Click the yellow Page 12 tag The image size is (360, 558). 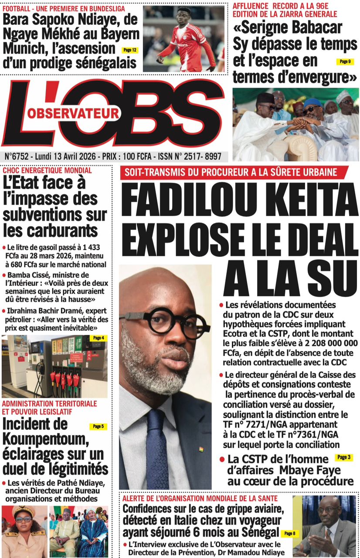point(130,50)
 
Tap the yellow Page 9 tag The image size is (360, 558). point(345,61)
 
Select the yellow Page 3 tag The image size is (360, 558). point(343,457)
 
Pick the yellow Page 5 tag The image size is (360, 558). point(98,426)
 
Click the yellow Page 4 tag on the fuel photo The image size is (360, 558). point(98,338)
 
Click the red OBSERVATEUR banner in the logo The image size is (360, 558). point(74,113)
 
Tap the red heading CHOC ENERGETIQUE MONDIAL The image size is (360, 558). point(47,170)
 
